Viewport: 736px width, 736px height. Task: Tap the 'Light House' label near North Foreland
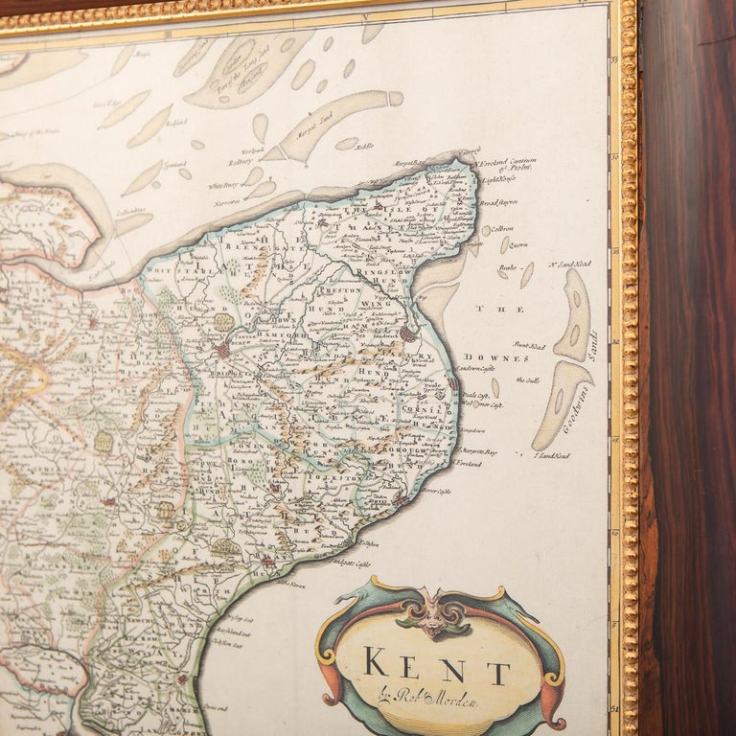tap(499, 179)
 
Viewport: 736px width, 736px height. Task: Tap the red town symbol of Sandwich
tap(409, 334)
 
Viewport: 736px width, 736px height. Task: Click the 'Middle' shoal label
tap(363, 147)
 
